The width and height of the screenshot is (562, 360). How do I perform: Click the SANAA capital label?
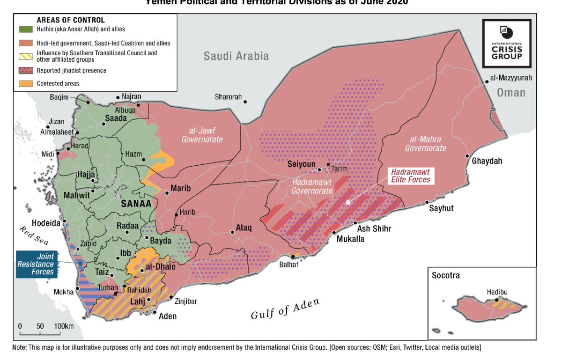(136, 204)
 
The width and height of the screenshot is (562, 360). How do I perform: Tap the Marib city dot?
(167, 192)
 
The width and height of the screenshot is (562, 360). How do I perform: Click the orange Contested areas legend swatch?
(26, 83)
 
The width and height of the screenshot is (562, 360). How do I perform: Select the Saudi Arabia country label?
(236, 56)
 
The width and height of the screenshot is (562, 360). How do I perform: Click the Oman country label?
(511, 92)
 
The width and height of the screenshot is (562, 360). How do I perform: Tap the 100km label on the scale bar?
(64, 326)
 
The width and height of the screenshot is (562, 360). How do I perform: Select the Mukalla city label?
(350, 239)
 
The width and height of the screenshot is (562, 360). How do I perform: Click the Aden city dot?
(155, 312)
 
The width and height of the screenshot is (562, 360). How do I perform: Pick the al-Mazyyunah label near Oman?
(511, 77)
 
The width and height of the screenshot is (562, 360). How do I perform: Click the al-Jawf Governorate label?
(202, 135)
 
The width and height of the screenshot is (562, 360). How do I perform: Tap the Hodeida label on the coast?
(46, 223)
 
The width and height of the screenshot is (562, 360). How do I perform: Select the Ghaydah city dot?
(467, 156)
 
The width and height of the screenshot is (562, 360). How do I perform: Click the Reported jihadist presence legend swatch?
(26, 71)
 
